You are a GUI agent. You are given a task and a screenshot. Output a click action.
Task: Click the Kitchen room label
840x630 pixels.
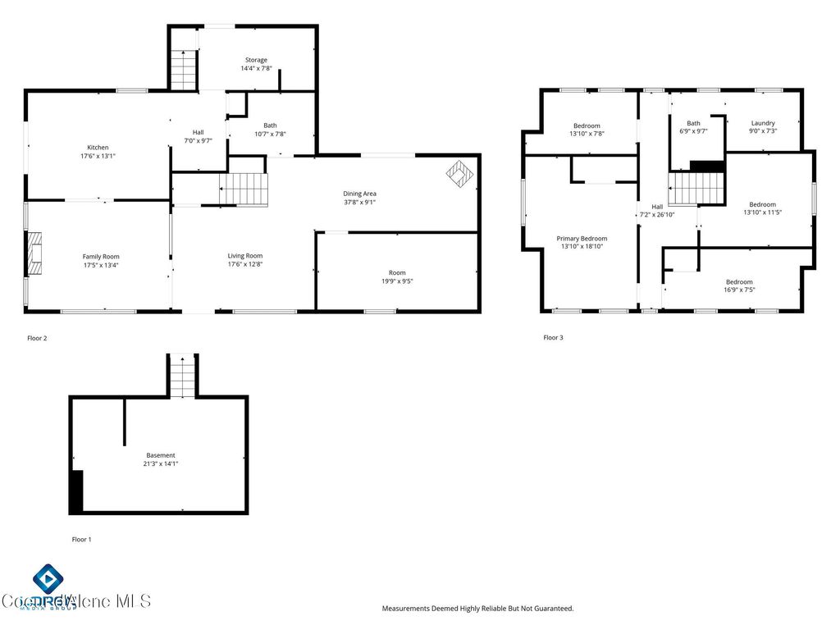click(98, 148)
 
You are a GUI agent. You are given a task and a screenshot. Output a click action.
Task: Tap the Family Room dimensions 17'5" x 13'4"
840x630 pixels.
click(100, 265)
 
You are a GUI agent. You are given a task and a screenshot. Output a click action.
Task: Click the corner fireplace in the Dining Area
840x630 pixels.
click(460, 173)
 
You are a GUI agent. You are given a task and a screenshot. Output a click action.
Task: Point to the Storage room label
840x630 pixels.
click(256, 60)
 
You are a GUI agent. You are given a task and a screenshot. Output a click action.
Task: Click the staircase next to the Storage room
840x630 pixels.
click(184, 71)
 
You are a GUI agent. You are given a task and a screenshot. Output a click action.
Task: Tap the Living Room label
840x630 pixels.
click(244, 256)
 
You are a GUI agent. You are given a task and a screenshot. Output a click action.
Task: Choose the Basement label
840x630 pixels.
click(161, 455)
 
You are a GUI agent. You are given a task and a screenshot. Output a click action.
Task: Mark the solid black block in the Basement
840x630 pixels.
click(75, 491)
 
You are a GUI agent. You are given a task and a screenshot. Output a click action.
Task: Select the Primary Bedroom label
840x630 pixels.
click(582, 238)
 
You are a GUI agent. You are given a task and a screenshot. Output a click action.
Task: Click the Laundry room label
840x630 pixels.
click(763, 123)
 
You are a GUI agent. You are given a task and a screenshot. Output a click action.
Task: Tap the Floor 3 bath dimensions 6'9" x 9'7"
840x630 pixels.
click(694, 131)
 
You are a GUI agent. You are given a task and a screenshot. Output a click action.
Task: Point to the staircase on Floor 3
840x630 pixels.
click(696, 188)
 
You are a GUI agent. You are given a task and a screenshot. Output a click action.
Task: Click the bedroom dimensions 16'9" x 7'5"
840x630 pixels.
click(738, 290)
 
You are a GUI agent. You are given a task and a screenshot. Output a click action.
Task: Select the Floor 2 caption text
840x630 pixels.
click(38, 338)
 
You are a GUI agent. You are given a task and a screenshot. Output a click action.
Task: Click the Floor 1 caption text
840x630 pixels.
click(82, 539)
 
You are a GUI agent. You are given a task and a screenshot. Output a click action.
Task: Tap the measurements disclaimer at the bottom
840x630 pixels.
click(477, 609)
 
